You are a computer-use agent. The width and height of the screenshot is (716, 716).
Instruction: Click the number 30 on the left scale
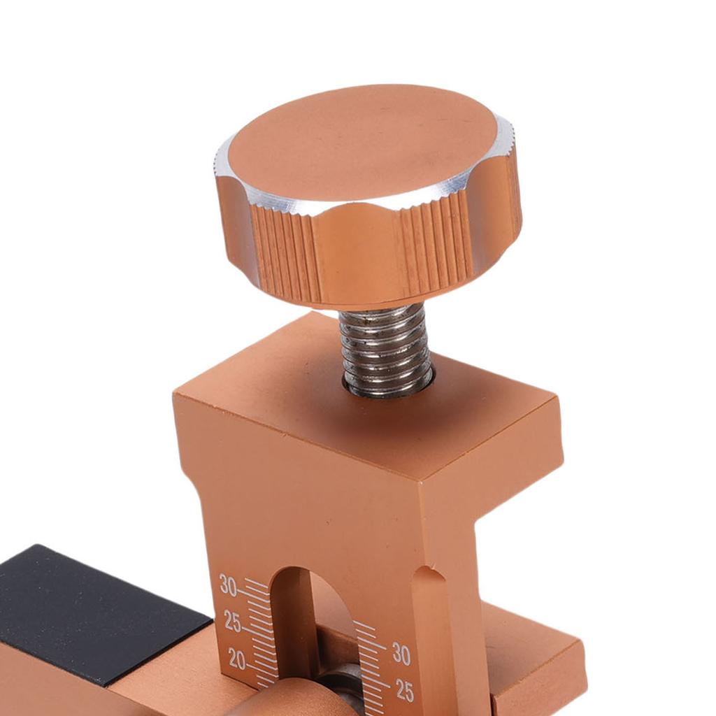[x=228, y=585]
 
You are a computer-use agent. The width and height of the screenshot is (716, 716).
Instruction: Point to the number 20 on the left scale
[x=237, y=659]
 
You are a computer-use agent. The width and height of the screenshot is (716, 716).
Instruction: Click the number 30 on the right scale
[x=401, y=654]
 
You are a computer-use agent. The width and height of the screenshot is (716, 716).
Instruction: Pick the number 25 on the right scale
[x=405, y=691]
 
